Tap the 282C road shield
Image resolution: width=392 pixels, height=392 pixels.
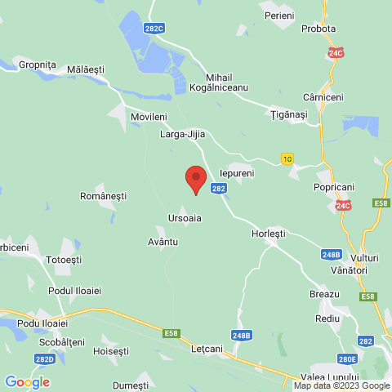[153, 28]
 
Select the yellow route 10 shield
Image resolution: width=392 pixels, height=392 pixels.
[287, 159]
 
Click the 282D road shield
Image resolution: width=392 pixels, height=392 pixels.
[46, 359]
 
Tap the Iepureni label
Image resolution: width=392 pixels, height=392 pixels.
[238, 174]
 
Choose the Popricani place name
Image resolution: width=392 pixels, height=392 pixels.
[332, 187]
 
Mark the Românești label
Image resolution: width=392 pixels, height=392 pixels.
[104, 197]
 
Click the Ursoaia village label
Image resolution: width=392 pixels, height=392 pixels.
[185, 218]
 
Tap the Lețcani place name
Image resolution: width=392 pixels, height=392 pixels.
[207, 349]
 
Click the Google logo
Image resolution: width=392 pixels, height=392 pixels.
[27, 381]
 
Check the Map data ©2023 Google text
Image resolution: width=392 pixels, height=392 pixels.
[342, 386]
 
